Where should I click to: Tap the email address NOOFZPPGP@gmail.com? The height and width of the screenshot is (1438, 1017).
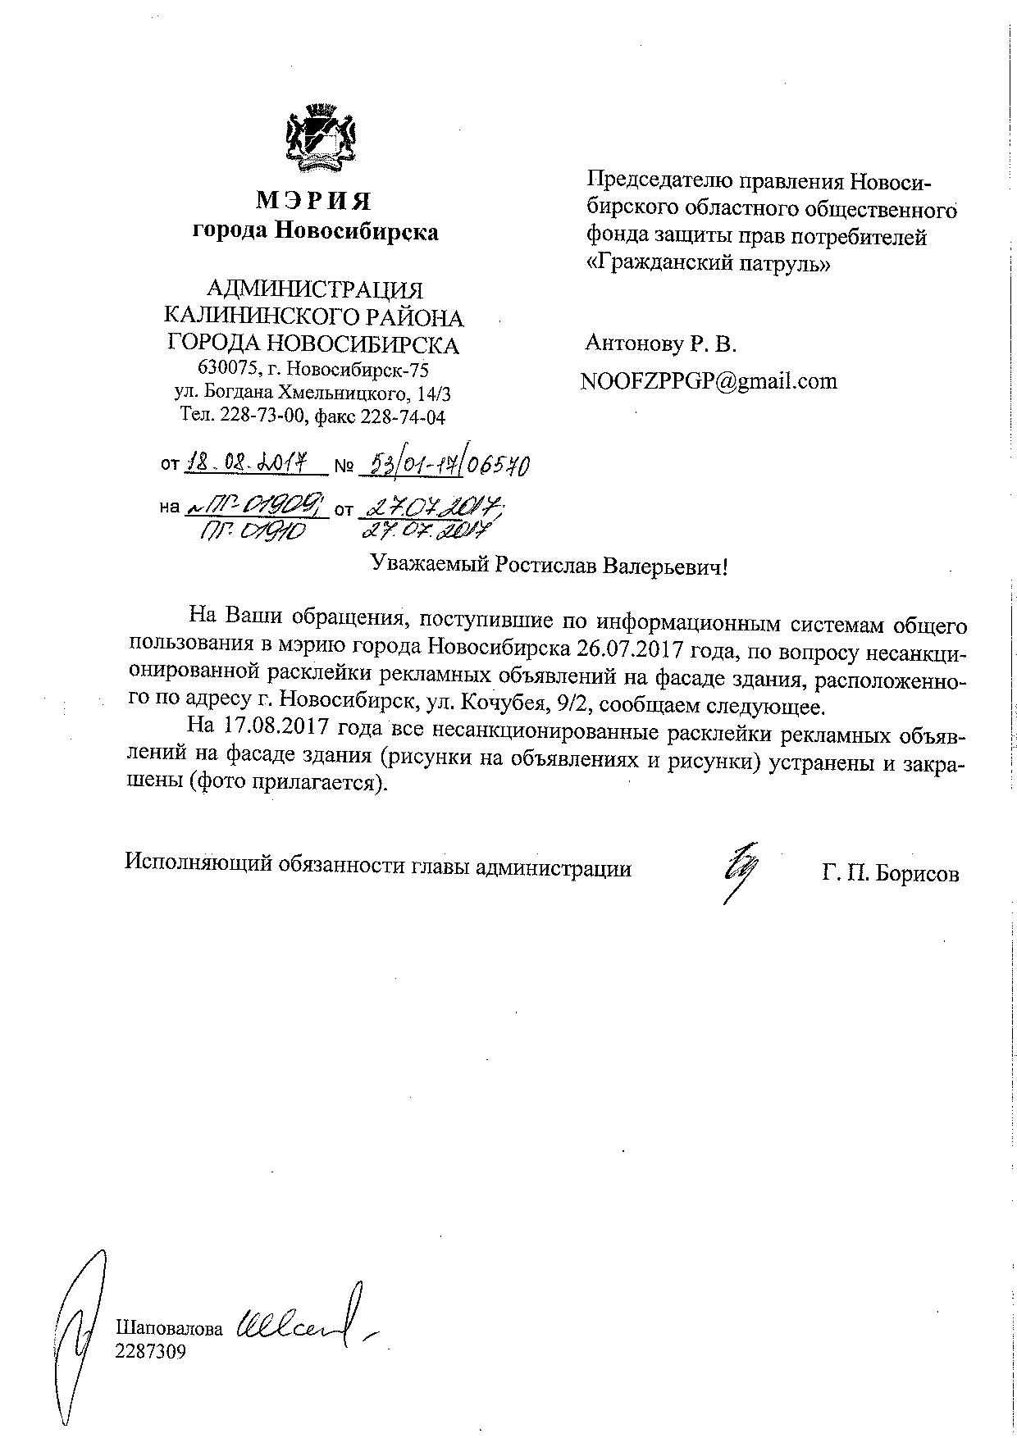(x=709, y=381)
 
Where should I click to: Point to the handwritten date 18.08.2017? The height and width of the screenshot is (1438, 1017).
(x=253, y=465)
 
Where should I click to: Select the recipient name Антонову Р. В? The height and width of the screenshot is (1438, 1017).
(x=661, y=344)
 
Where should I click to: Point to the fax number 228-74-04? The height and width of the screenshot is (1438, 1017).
(x=404, y=416)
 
